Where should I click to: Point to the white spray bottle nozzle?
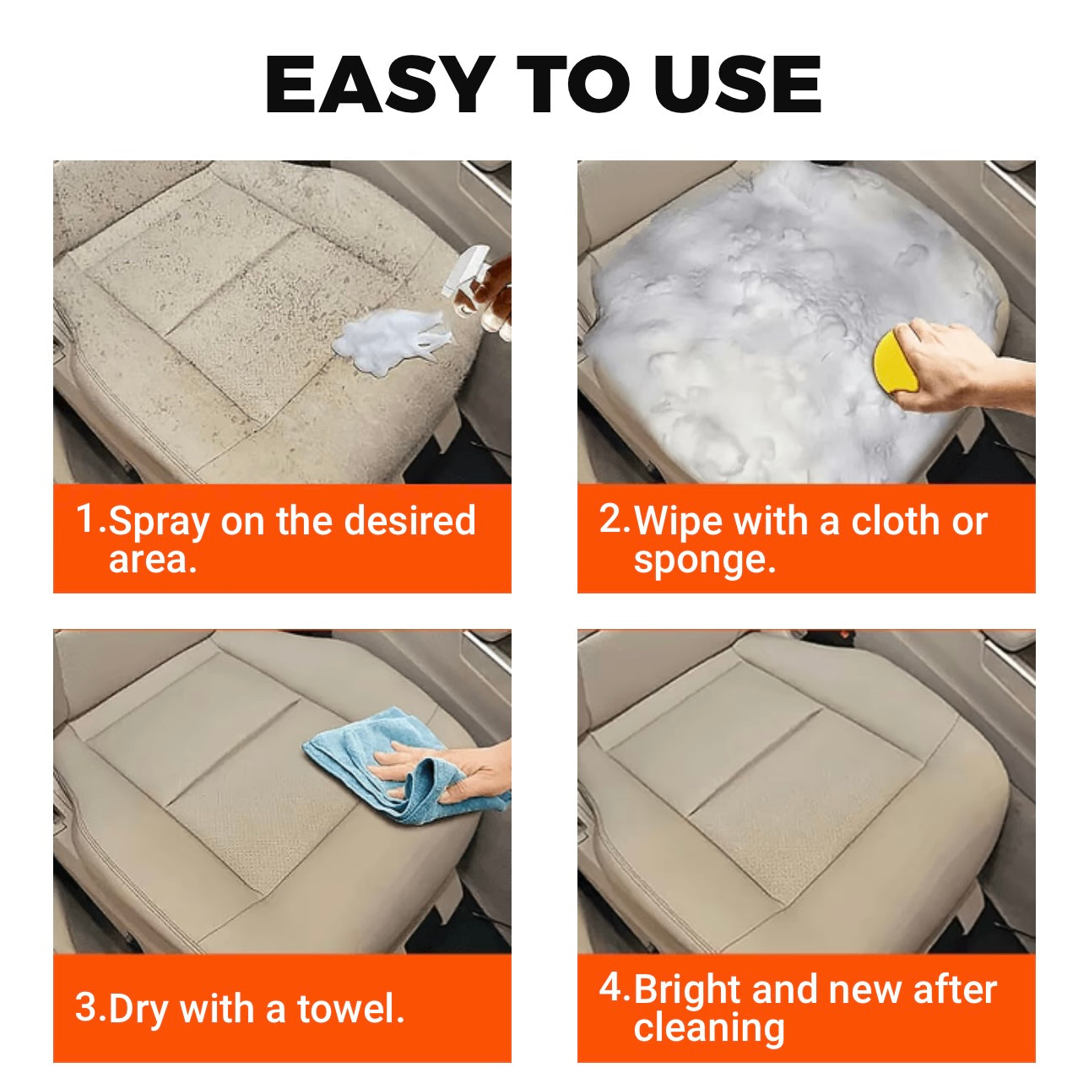[465, 271]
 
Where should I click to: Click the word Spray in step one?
[159, 523]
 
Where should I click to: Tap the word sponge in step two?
[705, 561]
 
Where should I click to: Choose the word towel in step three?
[351, 1009]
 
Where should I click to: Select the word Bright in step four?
[687, 993]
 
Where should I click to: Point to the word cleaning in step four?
[709, 1028]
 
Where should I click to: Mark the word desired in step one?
[409, 519]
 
